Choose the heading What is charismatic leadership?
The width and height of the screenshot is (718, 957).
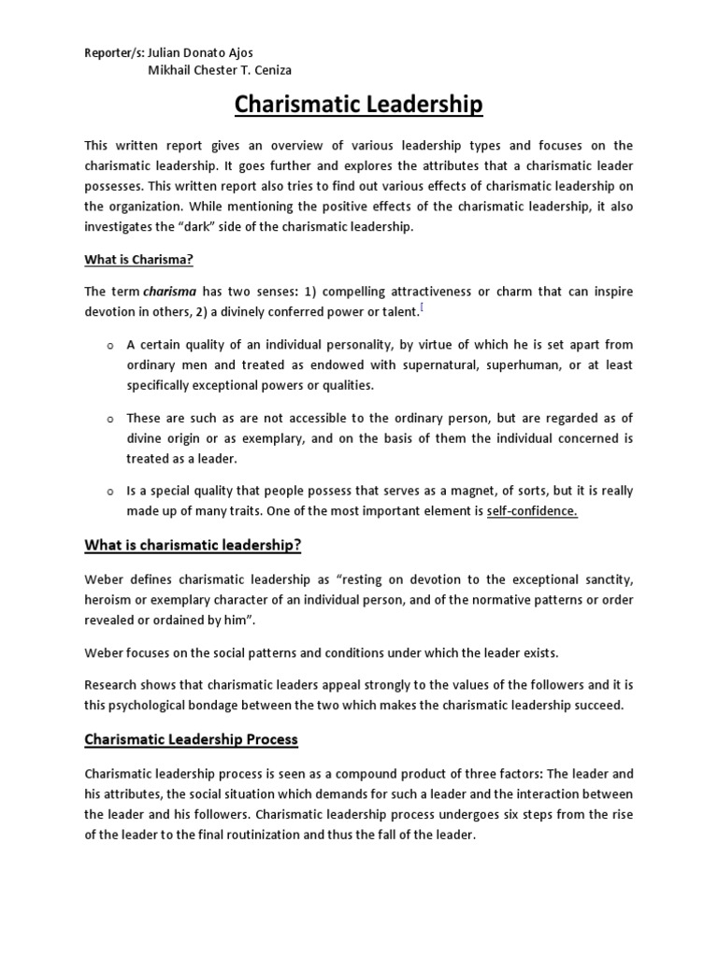[x=194, y=545]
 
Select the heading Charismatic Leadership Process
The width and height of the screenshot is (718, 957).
[x=191, y=739]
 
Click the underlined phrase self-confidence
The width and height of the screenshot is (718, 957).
[x=532, y=510]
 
